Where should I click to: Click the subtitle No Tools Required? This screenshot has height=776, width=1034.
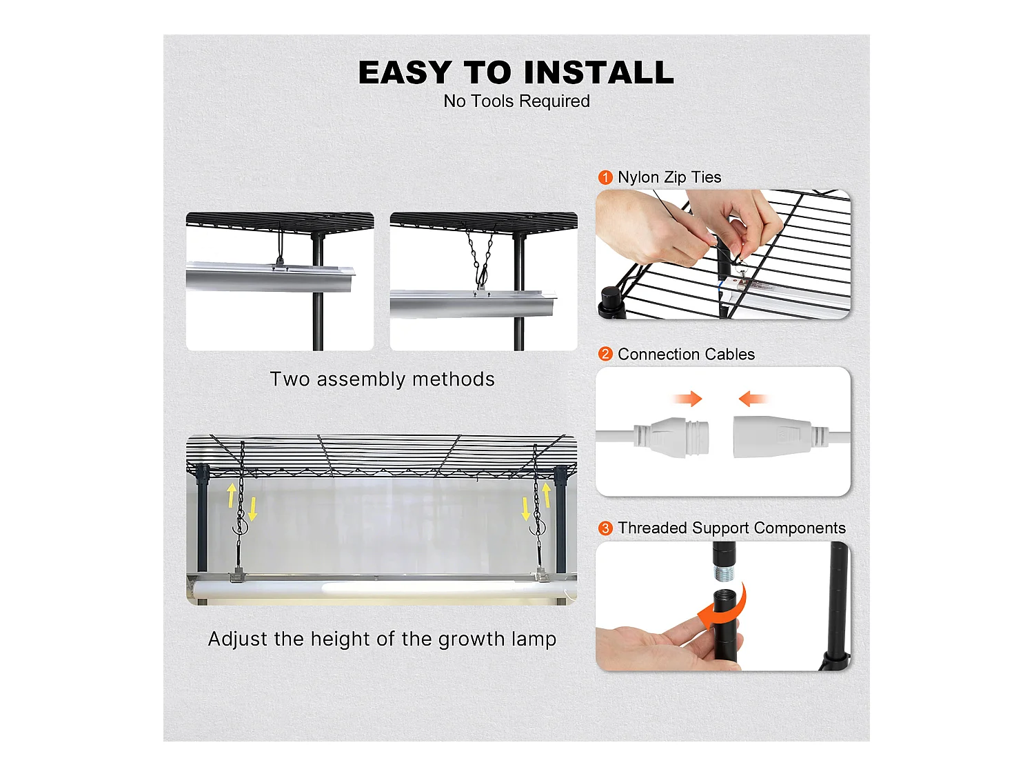(x=516, y=101)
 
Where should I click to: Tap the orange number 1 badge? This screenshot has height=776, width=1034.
(x=605, y=177)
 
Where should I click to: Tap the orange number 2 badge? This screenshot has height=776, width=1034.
(x=605, y=354)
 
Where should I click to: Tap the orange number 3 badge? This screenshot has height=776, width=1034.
(x=605, y=528)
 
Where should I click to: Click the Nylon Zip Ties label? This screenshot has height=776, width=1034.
(x=669, y=177)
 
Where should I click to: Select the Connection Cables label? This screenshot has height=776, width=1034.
(x=686, y=354)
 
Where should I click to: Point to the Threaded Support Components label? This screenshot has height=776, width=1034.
(x=731, y=528)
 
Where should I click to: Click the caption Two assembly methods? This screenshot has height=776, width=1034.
(x=382, y=379)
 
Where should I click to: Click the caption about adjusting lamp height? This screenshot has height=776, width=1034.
(x=382, y=639)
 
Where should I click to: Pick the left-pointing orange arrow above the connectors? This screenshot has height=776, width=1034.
(x=753, y=399)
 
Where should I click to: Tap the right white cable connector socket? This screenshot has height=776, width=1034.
(x=772, y=437)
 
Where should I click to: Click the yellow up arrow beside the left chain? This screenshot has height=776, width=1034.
(x=232, y=495)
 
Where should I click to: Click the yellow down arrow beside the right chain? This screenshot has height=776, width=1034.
(x=526, y=509)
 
